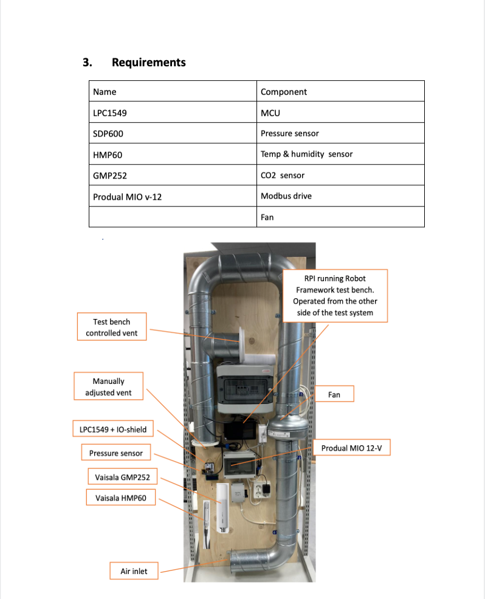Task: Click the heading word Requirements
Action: pyautogui.click(x=148, y=63)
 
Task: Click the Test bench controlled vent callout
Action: pyautogui.click(x=112, y=327)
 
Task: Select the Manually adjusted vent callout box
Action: pyautogui.click(x=108, y=387)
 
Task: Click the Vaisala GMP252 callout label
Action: pyautogui.click(x=119, y=477)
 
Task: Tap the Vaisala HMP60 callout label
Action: pyautogui.click(x=120, y=498)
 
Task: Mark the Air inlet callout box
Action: pyautogui.click(x=134, y=571)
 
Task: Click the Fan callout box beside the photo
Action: pyautogui.click(x=334, y=394)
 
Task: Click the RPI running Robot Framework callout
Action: pyautogui.click(x=335, y=295)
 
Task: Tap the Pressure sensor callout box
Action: pyautogui.click(x=116, y=453)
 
